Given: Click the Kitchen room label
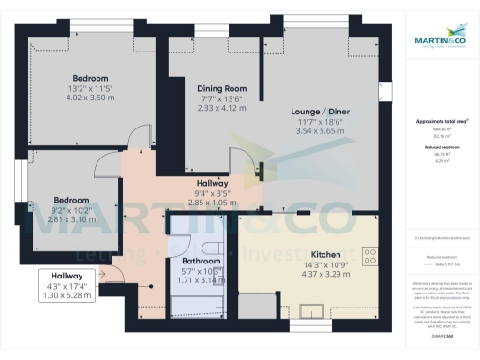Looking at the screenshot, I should tap(324, 255).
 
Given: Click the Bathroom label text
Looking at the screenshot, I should tap(201, 261).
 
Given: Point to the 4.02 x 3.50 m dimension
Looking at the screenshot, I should tap(91, 97).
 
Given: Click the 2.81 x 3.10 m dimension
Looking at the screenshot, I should tap(71, 218).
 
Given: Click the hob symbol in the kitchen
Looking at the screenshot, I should tap(369, 255).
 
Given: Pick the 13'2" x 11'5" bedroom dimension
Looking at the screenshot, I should tap(91, 87).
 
